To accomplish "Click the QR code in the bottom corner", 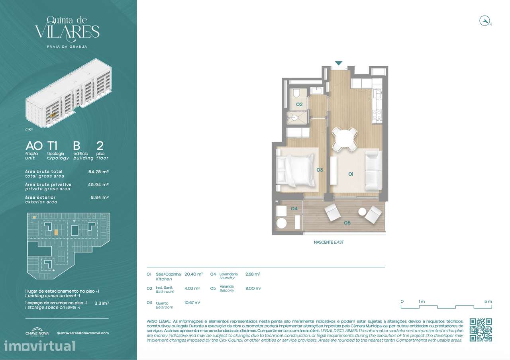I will tap(481, 330).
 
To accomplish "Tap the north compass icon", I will tap(484, 21).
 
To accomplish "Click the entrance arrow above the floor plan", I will tap(338, 63).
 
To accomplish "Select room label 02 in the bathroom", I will tap(300, 104).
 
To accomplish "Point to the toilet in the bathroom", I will tap(296, 93).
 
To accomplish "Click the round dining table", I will tap(345, 139).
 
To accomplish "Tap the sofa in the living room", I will tap(373, 170).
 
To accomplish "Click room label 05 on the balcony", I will tap(347, 223).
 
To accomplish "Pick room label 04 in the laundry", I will tap(294, 208).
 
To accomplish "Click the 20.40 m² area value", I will tap(194, 274).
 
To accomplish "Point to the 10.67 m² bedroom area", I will tap(192, 303).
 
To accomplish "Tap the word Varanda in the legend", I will tap(227, 286).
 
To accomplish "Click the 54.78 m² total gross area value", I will tap(98, 172).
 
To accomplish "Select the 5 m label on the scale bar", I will tap(488, 301).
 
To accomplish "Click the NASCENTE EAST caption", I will tap(329, 242).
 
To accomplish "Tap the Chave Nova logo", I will tap(37, 333).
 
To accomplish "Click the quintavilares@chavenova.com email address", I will tap(82, 333).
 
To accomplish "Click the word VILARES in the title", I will tap(67, 32).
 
